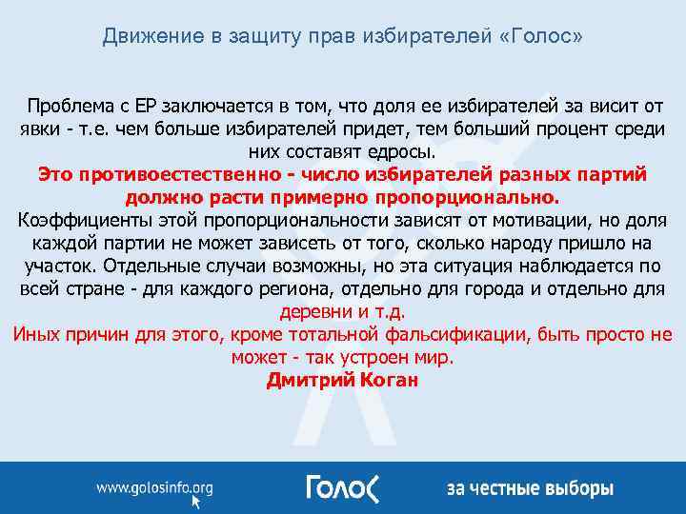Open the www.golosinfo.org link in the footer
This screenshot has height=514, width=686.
coord(153,489)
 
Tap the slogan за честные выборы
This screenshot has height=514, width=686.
coord(530,489)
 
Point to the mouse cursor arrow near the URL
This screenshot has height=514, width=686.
coord(197,504)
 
